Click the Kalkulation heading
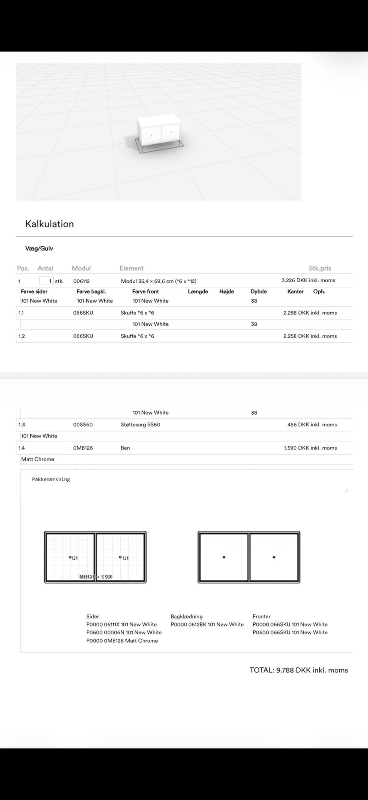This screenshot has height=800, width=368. tap(49, 224)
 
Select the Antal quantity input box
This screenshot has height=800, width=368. tap(46, 281)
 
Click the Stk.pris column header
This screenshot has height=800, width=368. tap(320, 268)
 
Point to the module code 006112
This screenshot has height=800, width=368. tap(81, 281)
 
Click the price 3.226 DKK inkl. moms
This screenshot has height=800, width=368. tap(308, 280)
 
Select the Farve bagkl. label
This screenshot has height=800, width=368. tap(91, 291)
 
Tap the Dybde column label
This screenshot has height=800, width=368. tap(258, 291)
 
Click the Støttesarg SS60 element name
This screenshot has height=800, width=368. tap(140, 425)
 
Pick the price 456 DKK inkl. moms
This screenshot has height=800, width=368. tap(312, 425)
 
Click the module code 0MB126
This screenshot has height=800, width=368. tap(83, 448)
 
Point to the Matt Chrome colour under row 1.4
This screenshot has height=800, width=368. tap(38, 459)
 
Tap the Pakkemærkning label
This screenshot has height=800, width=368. tap(51, 479)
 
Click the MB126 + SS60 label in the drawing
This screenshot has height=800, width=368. tap(96, 577)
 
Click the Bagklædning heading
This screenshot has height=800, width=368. tap(187, 616)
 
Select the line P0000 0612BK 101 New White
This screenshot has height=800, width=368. tap(207, 624)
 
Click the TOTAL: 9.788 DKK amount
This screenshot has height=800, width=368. tap(299, 670)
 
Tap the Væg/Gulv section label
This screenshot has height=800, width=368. tap(39, 249)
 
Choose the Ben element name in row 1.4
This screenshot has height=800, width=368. tap(125, 448)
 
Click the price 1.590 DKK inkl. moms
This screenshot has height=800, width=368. tap(310, 448)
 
